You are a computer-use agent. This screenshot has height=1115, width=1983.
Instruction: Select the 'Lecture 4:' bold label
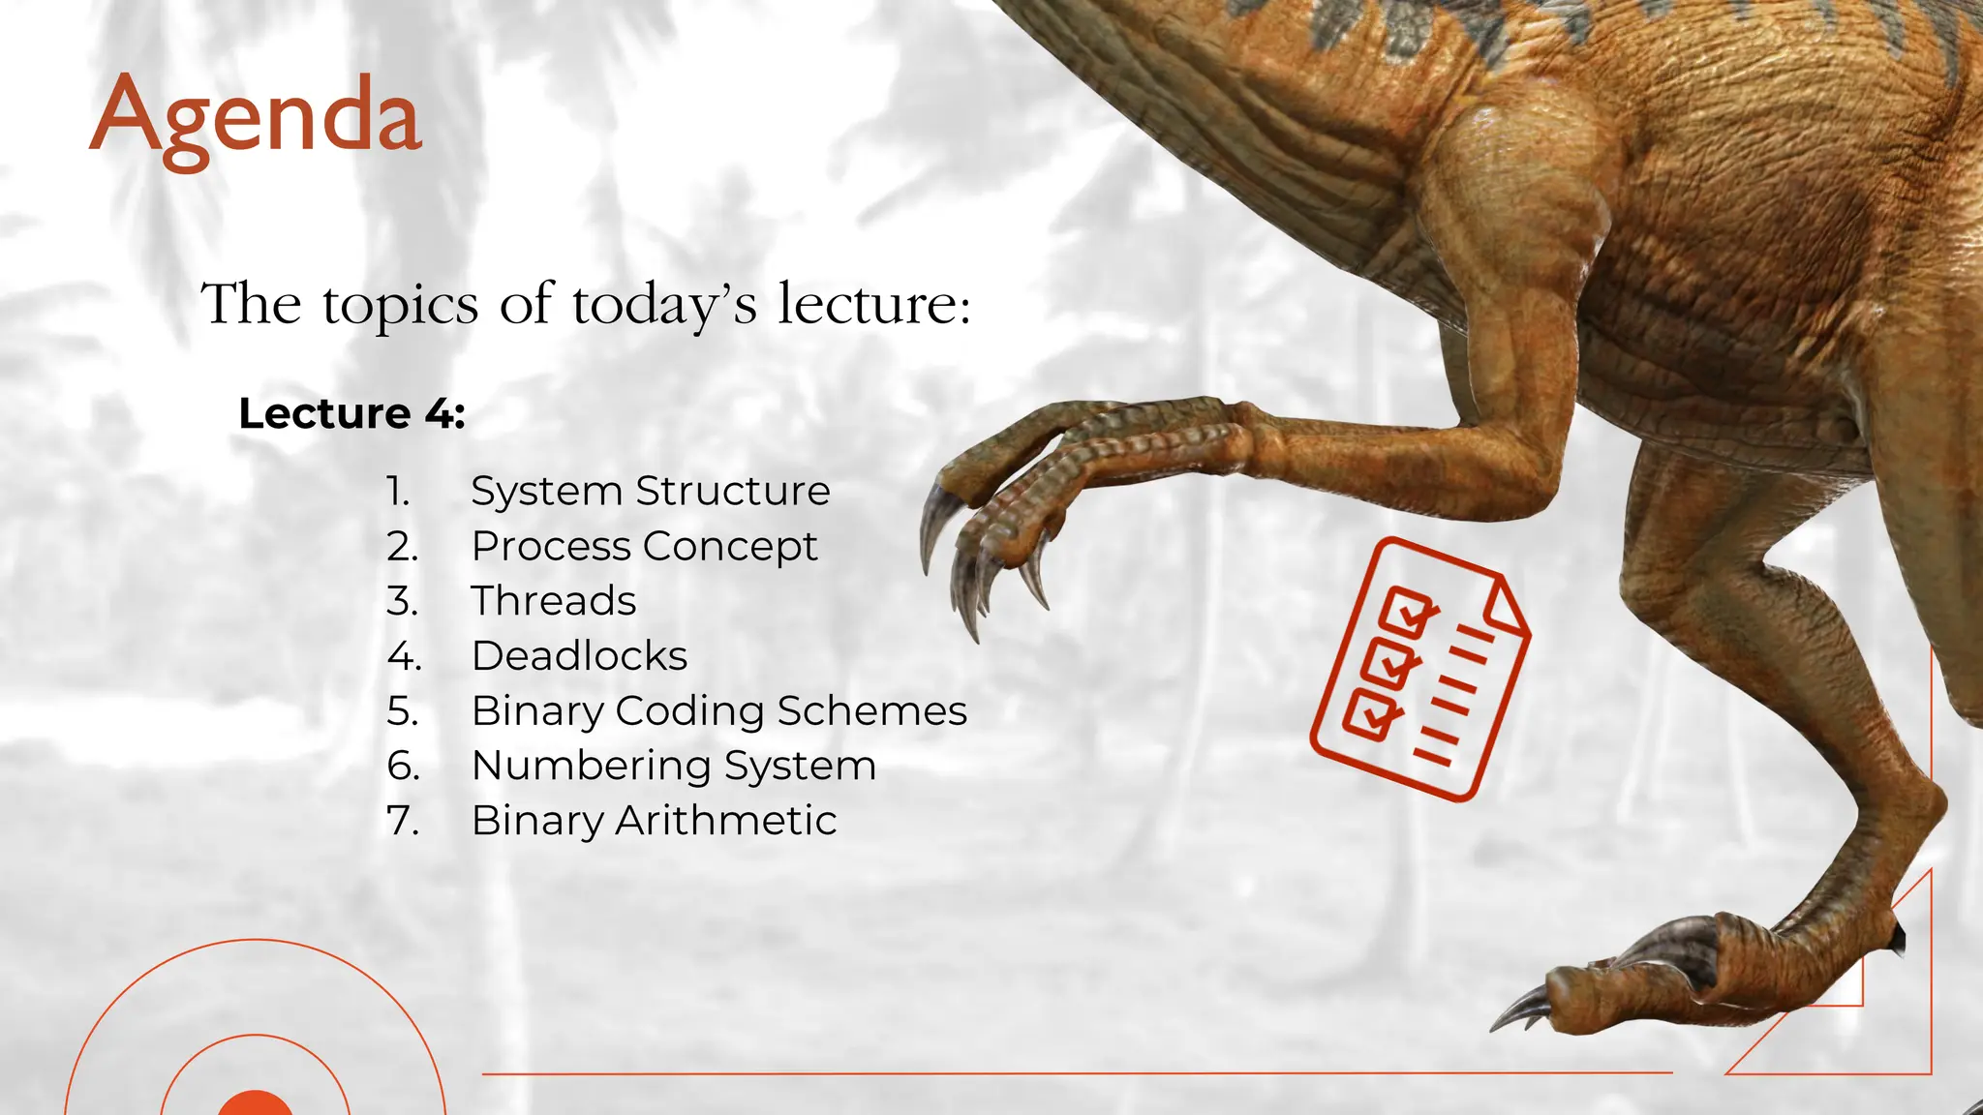(x=351, y=413)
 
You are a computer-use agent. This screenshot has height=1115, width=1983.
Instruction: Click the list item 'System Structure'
(x=650, y=491)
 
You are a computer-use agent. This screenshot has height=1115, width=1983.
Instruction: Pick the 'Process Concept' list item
(x=644, y=546)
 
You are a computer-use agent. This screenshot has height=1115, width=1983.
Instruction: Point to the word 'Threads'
(x=554, y=601)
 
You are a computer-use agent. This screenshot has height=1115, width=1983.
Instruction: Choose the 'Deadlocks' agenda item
(x=579, y=656)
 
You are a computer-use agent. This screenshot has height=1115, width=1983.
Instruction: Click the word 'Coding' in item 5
(x=690, y=711)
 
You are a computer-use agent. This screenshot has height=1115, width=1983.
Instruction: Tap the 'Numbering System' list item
(x=674, y=766)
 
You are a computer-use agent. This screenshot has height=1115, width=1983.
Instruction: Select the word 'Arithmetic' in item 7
(x=725, y=821)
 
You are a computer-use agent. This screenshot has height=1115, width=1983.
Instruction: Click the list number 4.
(x=403, y=656)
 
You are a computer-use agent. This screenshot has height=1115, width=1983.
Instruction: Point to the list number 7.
(x=403, y=821)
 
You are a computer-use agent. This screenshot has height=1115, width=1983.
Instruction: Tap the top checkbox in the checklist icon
(x=1408, y=611)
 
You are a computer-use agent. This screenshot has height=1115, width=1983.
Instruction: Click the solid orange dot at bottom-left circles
(x=255, y=1105)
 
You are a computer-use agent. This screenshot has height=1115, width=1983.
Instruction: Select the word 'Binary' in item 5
(x=536, y=711)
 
